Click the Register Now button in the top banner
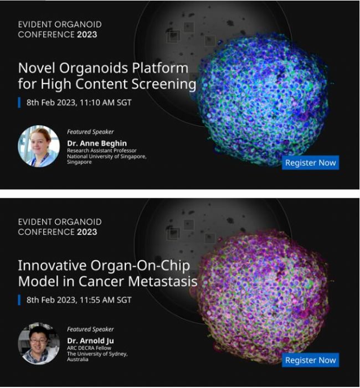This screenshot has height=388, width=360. (x=311, y=163)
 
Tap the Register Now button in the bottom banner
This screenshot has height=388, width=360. (x=311, y=360)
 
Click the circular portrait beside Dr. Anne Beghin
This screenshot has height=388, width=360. (x=39, y=146)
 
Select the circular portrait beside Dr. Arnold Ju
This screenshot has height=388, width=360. (x=39, y=343)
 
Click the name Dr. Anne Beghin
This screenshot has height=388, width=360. (x=97, y=143)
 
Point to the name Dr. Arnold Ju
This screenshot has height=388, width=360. (x=90, y=341)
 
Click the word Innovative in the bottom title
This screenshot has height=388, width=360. (x=52, y=266)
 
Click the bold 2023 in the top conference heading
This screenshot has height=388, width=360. (x=87, y=34)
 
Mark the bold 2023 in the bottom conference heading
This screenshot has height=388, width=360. (x=87, y=232)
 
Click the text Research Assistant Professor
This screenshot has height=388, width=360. (x=101, y=151)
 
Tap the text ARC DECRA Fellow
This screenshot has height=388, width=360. (x=89, y=348)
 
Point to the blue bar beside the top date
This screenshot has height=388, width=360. (x=19, y=102)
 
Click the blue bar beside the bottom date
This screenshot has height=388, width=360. (x=19, y=300)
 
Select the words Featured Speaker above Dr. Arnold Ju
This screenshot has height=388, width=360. (x=90, y=329)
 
